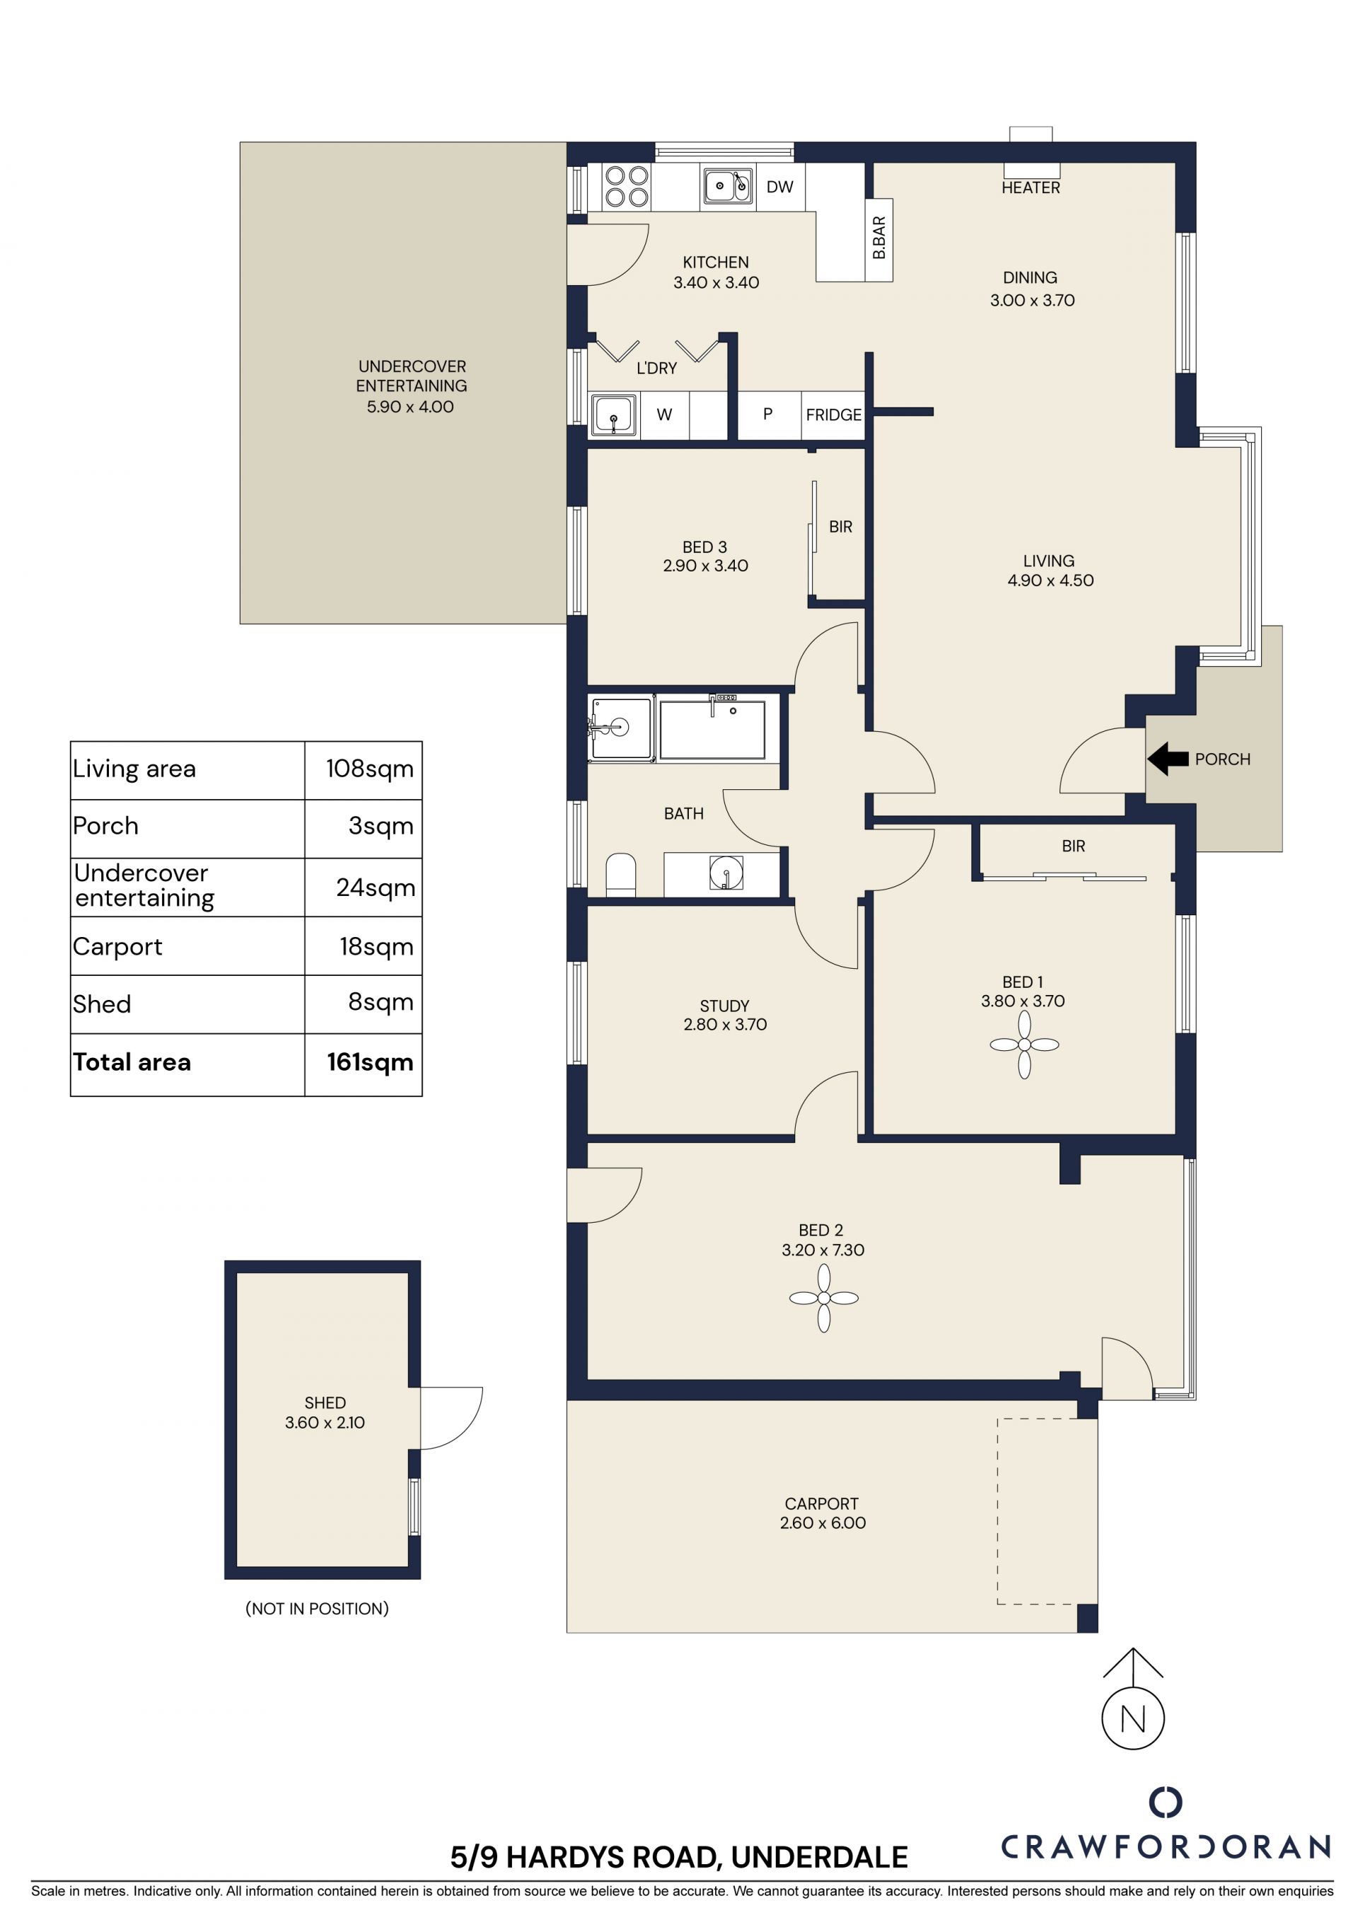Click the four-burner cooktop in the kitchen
(x=627, y=187)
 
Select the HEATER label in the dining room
(x=1031, y=188)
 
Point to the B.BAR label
(x=879, y=238)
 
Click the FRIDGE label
(x=833, y=415)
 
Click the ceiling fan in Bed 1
(x=1023, y=1045)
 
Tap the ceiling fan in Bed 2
(x=824, y=1298)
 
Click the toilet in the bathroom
(x=620, y=875)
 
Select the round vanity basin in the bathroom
(x=726, y=872)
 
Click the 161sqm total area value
(x=370, y=1062)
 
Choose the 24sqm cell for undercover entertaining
(x=376, y=888)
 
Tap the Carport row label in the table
(x=117, y=947)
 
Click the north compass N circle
(x=1133, y=1718)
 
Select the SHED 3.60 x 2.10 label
(x=325, y=1412)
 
